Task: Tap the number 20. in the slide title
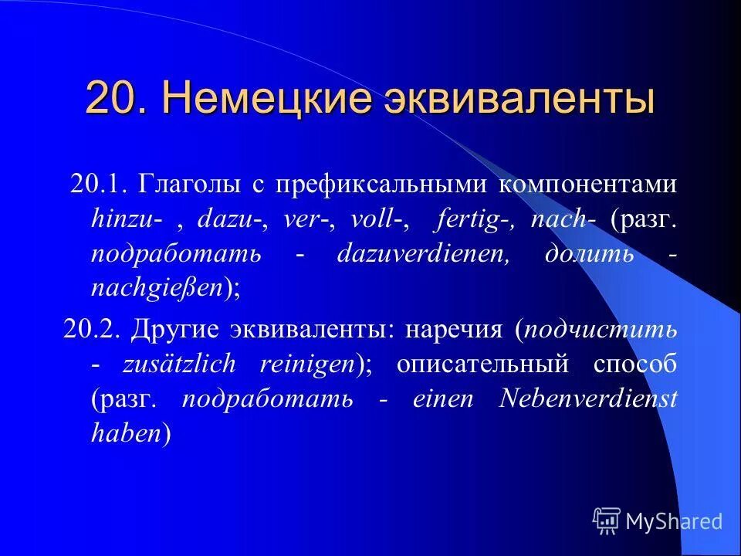[116, 100]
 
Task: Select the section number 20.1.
[98, 185]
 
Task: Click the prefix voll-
[378, 219]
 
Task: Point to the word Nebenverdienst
[589, 398]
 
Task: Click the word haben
[126, 433]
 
